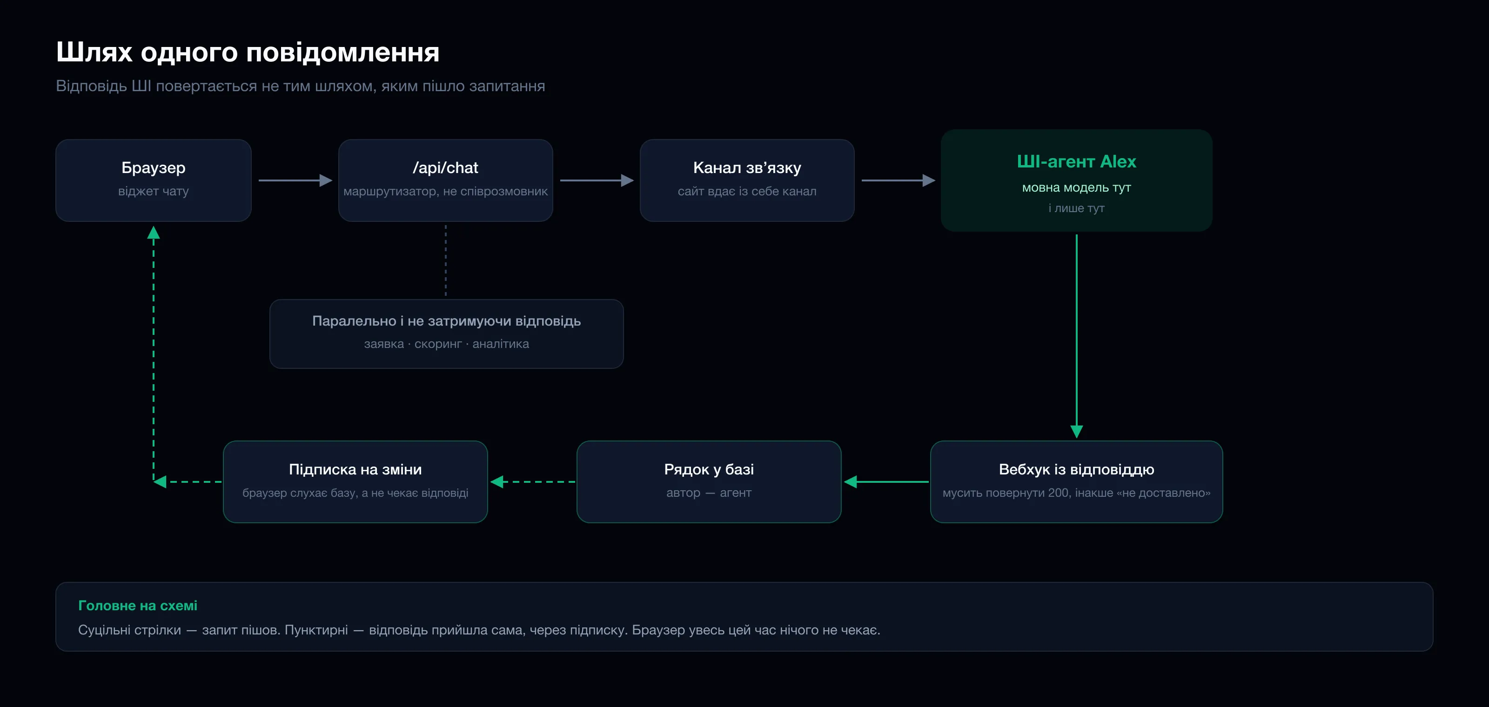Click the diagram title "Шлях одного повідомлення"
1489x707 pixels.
(248, 52)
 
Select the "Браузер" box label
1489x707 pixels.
(153, 167)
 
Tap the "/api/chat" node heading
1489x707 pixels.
(445, 167)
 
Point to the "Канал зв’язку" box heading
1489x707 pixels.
(747, 167)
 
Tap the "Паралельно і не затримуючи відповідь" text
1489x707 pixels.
(446, 320)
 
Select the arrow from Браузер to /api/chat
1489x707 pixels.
(295, 180)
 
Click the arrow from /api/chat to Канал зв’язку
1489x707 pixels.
(597, 180)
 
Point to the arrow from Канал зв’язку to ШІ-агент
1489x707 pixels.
(898, 180)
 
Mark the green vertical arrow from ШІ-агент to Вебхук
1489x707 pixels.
(1076, 336)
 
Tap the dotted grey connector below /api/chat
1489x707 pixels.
(446, 260)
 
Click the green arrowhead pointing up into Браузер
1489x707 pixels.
(153, 232)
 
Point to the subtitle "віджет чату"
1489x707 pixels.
(153, 191)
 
